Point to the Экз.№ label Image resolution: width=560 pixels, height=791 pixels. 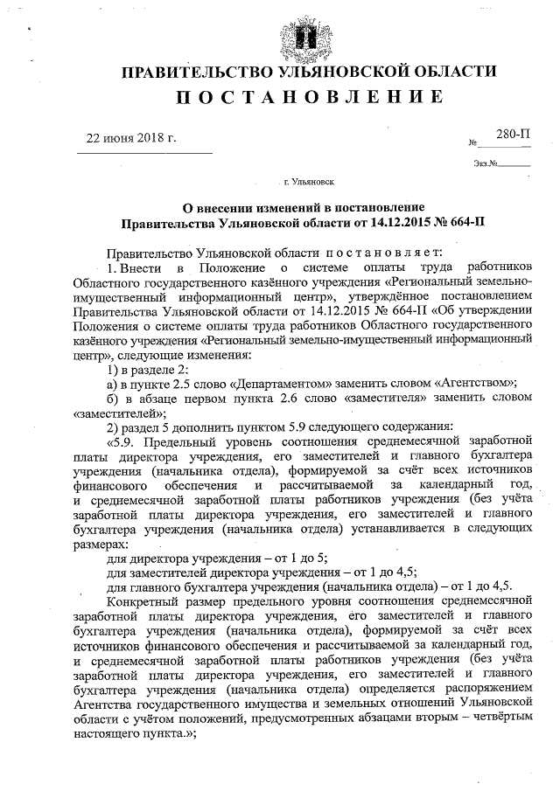pyautogui.click(x=486, y=163)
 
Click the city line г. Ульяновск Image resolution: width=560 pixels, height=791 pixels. pyautogui.click(x=307, y=184)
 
